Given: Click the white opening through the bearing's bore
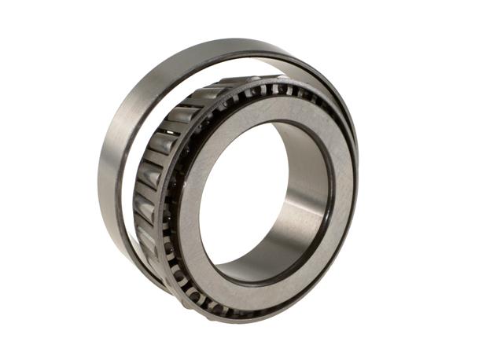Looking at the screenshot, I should coord(236,204).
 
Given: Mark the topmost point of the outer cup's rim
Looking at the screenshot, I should coord(228,39).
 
